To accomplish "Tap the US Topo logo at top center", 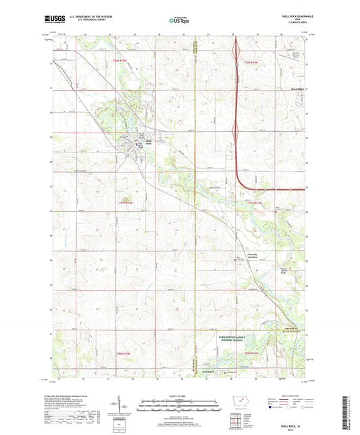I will (x=179, y=21).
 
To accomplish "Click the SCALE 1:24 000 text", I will (x=179, y=395).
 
